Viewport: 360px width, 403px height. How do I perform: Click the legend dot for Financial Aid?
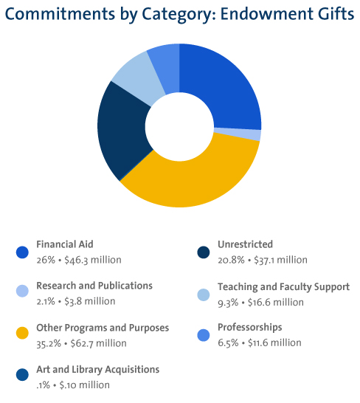(x=21, y=252)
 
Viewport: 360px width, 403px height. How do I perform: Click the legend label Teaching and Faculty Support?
(x=283, y=286)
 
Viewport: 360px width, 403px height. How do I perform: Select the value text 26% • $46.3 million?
(x=78, y=260)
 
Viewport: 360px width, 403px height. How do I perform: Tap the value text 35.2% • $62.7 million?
(x=81, y=342)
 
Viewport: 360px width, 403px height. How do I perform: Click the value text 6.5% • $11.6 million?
(x=260, y=342)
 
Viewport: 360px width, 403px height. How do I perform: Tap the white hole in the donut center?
(x=179, y=125)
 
